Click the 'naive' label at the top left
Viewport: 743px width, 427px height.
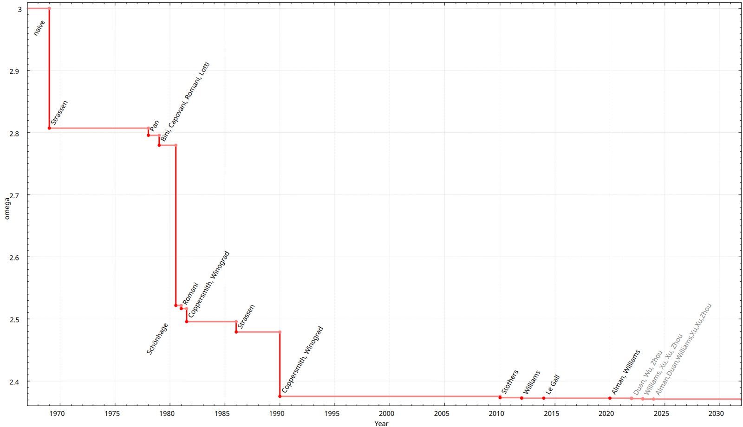tap(39, 28)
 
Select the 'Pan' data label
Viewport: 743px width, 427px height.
tap(155, 125)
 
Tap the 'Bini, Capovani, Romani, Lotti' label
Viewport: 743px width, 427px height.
tap(185, 102)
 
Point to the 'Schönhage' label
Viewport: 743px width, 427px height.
tap(157, 339)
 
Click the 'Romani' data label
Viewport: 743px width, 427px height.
tap(190, 293)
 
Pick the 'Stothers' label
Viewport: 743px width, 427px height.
tap(510, 382)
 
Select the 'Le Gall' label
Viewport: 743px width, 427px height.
tap(553, 385)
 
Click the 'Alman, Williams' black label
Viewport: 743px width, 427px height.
tap(626, 372)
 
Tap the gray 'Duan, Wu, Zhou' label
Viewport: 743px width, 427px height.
tap(648, 373)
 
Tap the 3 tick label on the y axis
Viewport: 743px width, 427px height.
tap(19, 9)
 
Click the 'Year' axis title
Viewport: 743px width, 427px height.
tap(381, 423)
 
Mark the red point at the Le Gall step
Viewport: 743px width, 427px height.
tap(544, 398)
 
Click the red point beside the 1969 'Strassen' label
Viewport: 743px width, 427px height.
tap(49, 128)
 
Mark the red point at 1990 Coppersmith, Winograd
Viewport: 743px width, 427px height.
tap(280, 396)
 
